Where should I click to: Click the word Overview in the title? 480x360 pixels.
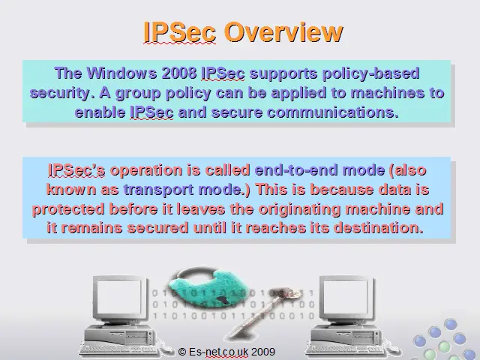(x=283, y=31)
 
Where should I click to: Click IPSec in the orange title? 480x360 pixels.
(x=180, y=31)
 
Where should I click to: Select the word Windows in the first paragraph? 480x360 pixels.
(x=121, y=73)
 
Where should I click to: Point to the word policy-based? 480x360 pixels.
(x=371, y=74)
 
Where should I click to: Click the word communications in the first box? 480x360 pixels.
(x=333, y=112)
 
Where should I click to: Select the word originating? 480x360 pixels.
(x=299, y=209)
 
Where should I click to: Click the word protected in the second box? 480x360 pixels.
(x=68, y=209)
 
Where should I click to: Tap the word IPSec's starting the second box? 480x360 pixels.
(x=76, y=170)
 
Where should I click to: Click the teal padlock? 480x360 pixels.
(x=208, y=288)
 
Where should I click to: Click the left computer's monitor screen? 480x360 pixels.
(x=118, y=296)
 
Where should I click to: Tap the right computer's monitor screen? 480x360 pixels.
(x=345, y=296)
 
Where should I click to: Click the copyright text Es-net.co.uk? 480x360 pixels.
(x=218, y=352)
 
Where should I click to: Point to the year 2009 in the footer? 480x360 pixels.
(x=263, y=352)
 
